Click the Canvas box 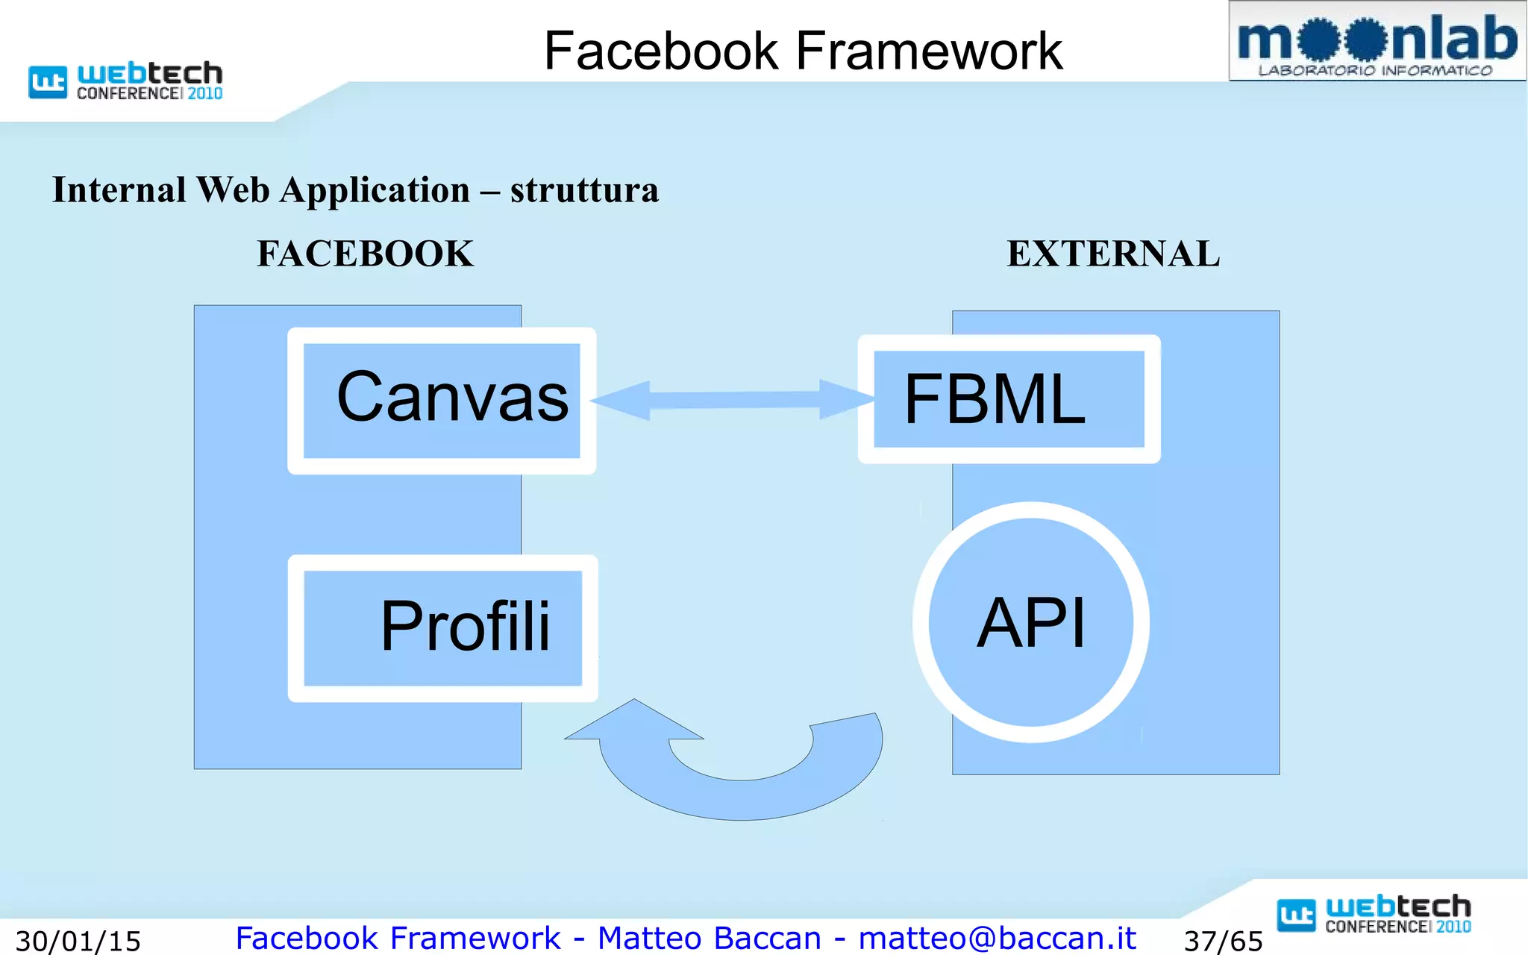(x=442, y=401)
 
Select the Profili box (x=442, y=627)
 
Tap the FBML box (x=1009, y=399)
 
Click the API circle (x=1031, y=622)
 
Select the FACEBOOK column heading (x=365, y=254)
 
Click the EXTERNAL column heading (x=1113, y=254)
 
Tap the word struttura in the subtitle (x=584, y=190)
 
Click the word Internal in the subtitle (x=119, y=190)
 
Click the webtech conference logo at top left (x=125, y=81)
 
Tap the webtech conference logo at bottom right (x=1374, y=914)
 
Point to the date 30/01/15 (x=78, y=941)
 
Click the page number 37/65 (x=1223, y=941)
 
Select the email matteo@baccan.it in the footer (x=997, y=938)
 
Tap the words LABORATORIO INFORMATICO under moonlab (x=1375, y=71)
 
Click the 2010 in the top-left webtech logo (x=205, y=94)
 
